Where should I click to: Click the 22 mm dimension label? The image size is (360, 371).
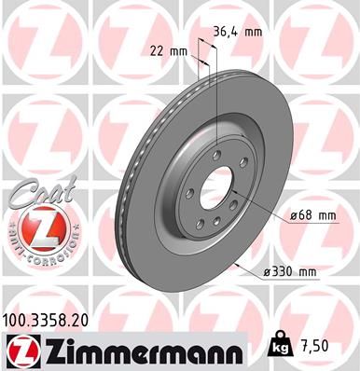pos(167,51)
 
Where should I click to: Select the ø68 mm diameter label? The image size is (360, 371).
pos(312,215)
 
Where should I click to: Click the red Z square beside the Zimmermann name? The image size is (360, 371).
pos(20,350)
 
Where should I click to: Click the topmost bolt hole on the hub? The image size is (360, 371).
pos(216,155)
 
